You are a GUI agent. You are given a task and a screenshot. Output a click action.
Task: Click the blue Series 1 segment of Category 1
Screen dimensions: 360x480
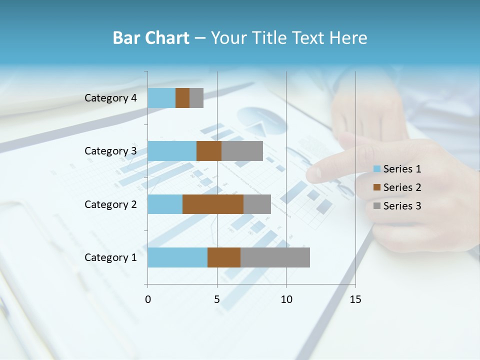(x=177, y=257)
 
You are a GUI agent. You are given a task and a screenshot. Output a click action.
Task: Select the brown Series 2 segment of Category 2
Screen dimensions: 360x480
(x=213, y=204)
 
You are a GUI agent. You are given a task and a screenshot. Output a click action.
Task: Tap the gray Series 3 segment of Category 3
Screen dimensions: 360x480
(x=242, y=151)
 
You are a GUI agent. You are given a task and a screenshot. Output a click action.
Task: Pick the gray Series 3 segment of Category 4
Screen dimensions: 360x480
(x=196, y=98)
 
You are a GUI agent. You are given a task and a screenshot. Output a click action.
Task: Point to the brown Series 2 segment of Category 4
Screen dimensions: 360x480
(x=182, y=98)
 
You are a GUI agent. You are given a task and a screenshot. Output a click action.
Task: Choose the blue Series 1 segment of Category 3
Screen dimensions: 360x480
(x=172, y=151)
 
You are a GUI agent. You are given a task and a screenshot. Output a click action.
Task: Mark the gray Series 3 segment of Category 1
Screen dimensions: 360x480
(x=275, y=257)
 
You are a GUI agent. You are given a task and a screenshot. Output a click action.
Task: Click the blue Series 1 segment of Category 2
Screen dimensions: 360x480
(x=165, y=204)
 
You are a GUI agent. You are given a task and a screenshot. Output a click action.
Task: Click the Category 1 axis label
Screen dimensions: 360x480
(x=110, y=257)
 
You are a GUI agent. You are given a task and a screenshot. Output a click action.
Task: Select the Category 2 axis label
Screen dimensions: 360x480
(x=110, y=204)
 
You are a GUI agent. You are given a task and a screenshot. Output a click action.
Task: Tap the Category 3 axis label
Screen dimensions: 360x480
(x=110, y=151)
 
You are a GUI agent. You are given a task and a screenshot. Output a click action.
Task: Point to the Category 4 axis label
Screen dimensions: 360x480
(x=110, y=98)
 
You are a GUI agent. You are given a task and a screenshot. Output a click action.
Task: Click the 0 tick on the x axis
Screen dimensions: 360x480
(x=147, y=299)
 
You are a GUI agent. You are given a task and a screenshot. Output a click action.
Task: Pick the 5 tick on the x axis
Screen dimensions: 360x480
(x=217, y=299)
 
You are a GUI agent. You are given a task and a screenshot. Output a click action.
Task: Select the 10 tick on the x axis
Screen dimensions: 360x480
(x=286, y=299)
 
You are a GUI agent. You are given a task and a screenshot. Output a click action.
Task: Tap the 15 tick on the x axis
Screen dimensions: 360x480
(x=355, y=299)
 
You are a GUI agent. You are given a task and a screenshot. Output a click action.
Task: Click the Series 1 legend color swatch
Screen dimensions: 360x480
(x=377, y=169)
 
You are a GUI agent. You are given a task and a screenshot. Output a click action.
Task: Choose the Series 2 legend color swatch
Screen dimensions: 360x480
(x=377, y=187)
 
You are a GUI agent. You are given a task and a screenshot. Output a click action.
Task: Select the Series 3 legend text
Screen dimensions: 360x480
(x=402, y=206)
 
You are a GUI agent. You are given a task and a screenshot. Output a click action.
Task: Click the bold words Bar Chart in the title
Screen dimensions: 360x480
(x=151, y=38)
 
